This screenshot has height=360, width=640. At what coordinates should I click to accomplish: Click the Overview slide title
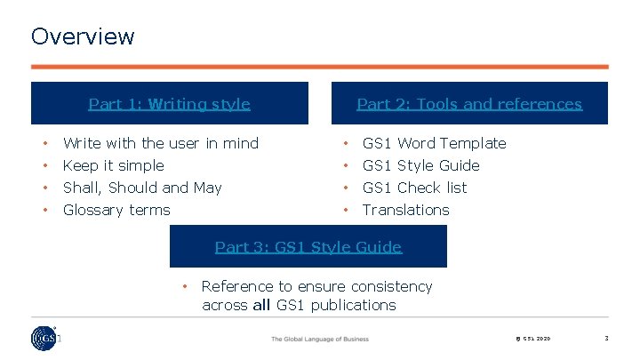click(83, 36)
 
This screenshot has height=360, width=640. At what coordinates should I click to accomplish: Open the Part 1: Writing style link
click(169, 104)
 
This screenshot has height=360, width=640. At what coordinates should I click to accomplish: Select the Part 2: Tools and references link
click(469, 104)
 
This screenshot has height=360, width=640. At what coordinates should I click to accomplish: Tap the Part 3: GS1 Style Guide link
click(308, 247)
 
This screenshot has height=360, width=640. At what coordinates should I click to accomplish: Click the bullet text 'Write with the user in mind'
click(161, 143)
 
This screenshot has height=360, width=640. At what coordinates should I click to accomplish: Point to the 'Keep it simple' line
click(114, 165)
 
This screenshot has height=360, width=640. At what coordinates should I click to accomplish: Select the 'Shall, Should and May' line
click(142, 188)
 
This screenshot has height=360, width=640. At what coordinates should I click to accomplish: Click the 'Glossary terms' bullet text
click(116, 210)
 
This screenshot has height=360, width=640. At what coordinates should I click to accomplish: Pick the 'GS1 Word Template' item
click(434, 143)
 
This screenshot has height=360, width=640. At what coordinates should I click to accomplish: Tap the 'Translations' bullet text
click(405, 210)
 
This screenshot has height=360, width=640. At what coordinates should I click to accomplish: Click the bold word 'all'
click(261, 305)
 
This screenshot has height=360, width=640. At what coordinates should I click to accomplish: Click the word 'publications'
click(352, 305)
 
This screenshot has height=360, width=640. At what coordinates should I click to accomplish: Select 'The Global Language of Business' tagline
click(319, 339)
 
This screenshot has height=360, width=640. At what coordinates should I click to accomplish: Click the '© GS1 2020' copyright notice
click(533, 339)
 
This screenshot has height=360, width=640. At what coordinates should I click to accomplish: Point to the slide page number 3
click(605, 338)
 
